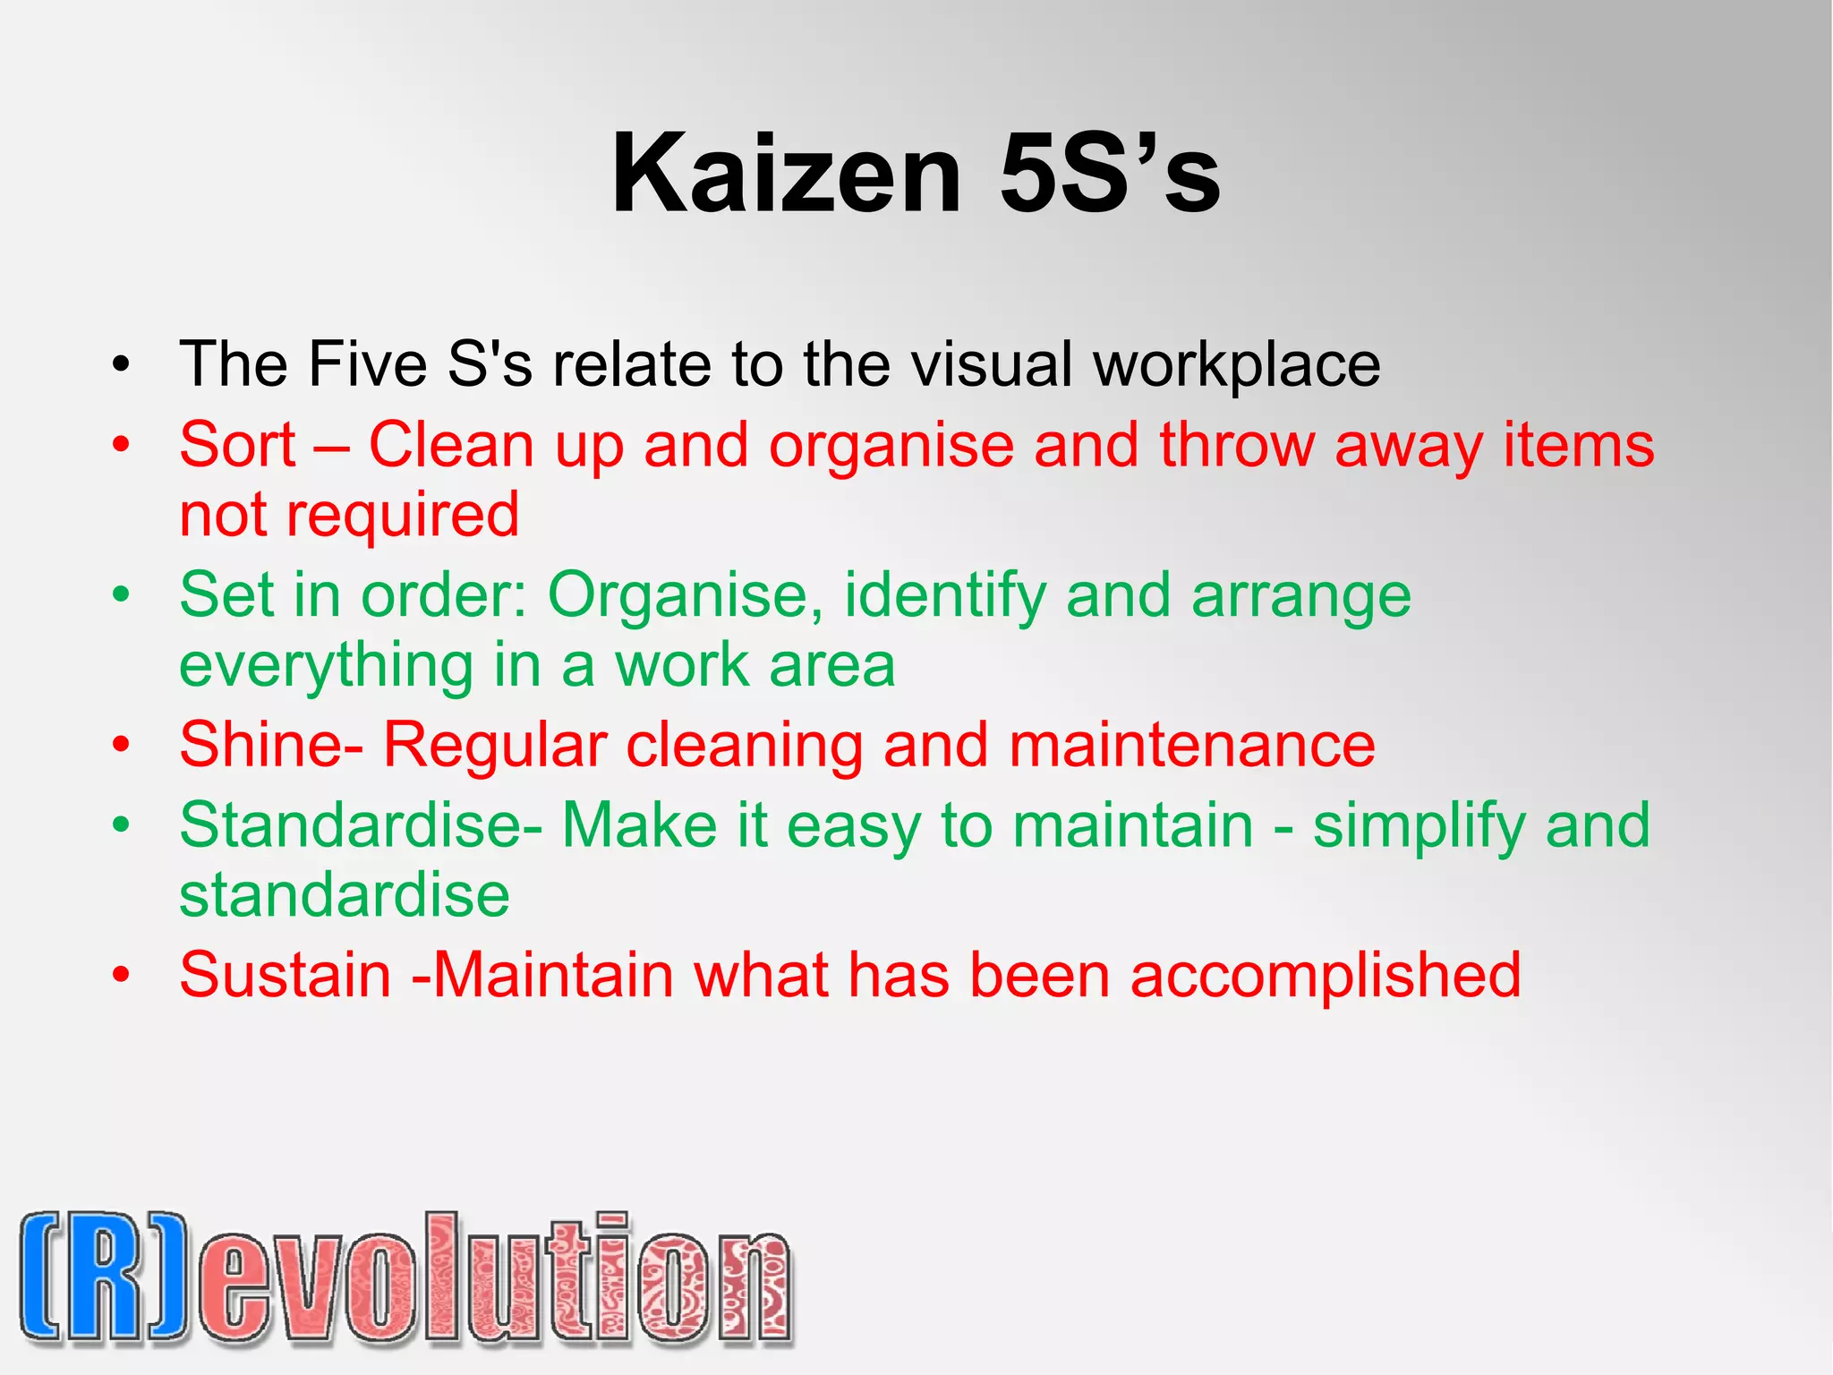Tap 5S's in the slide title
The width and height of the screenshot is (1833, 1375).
point(1109,174)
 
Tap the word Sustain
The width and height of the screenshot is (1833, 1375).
point(285,975)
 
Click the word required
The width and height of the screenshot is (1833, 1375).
point(402,517)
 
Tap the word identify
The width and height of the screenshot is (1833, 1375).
point(944,596)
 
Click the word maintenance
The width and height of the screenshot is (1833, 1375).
point(1191,745)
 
